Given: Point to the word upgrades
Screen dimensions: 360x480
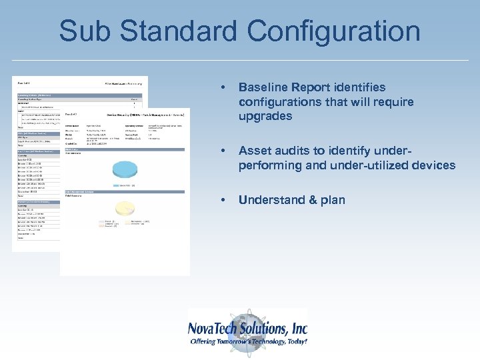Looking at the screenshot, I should (265, 117).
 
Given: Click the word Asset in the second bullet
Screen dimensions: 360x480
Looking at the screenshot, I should (254, 151).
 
